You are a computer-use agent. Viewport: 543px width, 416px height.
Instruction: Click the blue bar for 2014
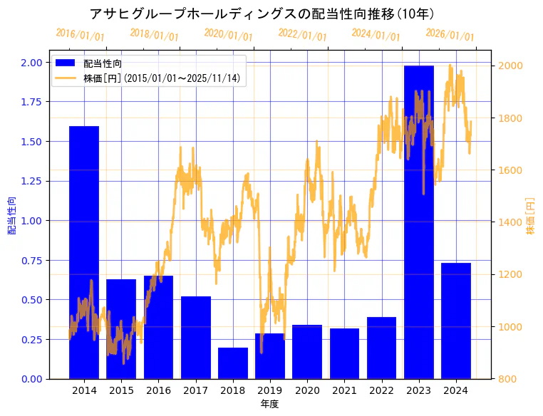(x=84, y=252)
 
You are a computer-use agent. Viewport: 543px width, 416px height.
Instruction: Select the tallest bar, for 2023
(x=418, y=222)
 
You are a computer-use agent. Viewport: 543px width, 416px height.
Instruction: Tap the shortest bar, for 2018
(x=233, y=363)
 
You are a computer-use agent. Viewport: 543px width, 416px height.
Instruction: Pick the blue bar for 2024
(x=455, y=321)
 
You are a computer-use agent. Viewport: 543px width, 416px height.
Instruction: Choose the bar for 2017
(x=196, y=337)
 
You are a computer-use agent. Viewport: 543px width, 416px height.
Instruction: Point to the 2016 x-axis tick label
(x=158, y=390)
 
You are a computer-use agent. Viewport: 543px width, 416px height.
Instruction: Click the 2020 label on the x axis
(x=307, y=390)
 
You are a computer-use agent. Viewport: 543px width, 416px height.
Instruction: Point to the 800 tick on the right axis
(x=507, y=379)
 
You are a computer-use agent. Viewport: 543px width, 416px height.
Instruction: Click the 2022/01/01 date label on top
(x=302, y=35)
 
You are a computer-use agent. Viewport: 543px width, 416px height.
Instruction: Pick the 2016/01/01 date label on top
(x=80, y=34)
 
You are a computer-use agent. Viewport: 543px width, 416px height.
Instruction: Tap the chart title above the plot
(x=262, y=14)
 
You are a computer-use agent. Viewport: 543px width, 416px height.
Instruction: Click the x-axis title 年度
(x=269, y=404)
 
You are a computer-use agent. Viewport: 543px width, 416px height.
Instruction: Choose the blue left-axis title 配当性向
(x=11, y=216)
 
